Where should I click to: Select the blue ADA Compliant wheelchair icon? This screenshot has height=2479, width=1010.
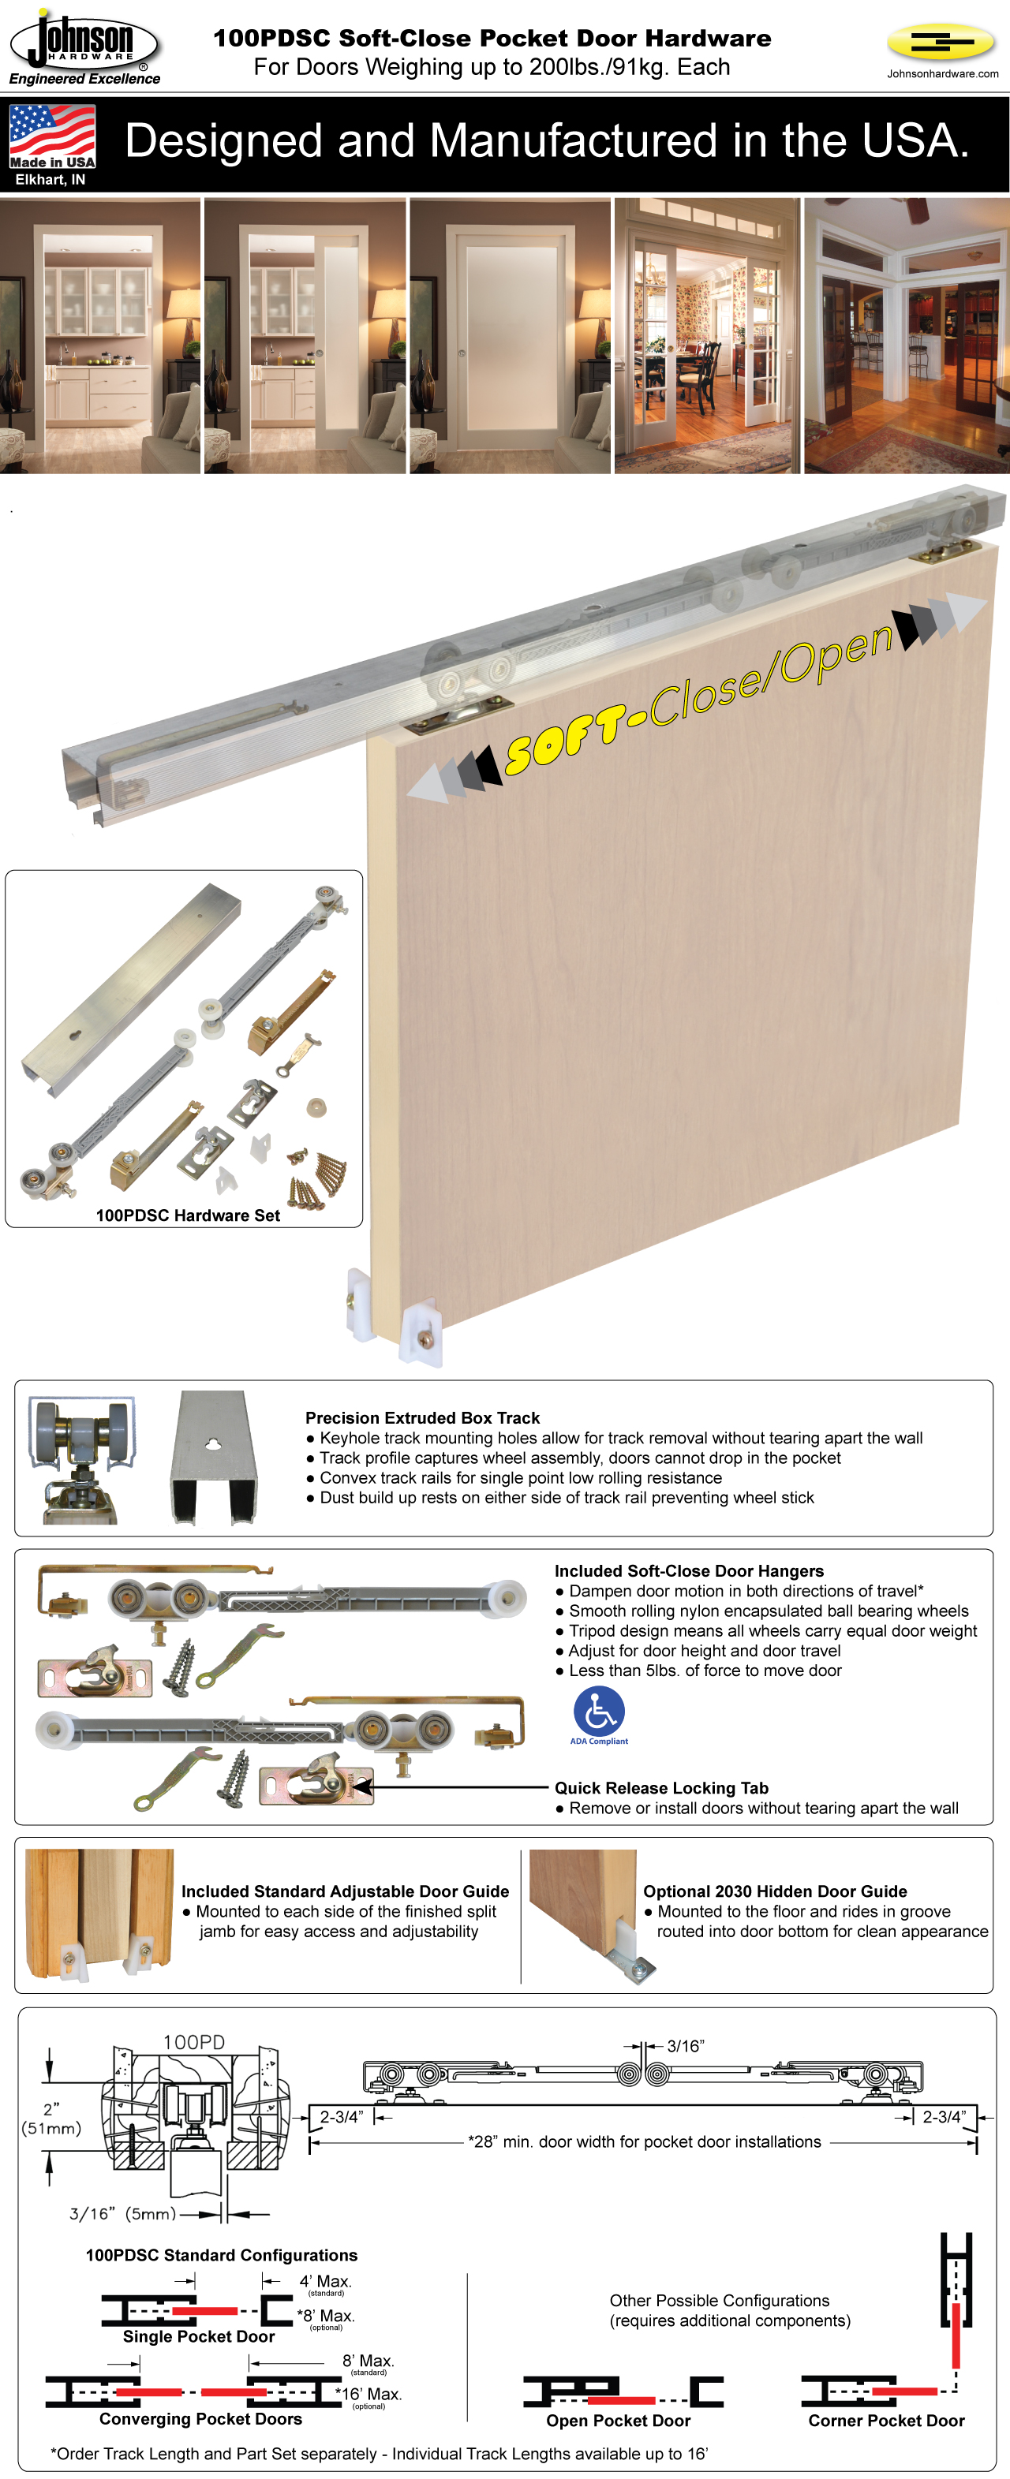pos(599,1713)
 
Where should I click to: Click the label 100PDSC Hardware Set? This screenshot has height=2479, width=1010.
pos(188,1215)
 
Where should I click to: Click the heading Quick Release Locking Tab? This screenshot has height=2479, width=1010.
pos(660,1788)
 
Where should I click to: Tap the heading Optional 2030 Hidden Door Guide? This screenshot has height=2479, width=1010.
pos(774,1891)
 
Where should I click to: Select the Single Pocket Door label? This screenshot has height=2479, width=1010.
pos(198,2336)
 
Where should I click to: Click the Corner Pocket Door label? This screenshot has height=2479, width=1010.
pos(886,2421)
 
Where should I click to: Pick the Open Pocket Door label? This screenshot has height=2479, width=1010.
pos(618,2421)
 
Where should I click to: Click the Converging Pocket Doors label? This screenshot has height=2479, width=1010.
pos(200,2418)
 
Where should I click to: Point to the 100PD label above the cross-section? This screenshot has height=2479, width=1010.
pos(193,2042)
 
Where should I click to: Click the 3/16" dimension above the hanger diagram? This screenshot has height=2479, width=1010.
pos(685,2046)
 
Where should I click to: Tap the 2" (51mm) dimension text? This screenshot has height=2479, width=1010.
pos(51,2118)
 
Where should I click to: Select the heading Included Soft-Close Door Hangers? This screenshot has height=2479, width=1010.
pos(688,1570)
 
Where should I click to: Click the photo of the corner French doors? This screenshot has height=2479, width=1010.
pos(906,337)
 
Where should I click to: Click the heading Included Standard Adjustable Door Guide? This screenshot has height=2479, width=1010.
pos(345,1891)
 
